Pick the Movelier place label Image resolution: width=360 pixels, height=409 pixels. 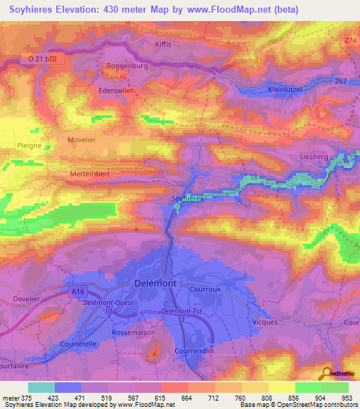(x=81, y=140)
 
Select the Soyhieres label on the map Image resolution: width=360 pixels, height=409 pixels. (x=188, y=199)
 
